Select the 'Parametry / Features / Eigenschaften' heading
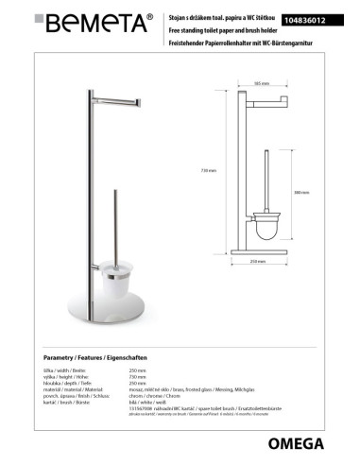95,360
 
